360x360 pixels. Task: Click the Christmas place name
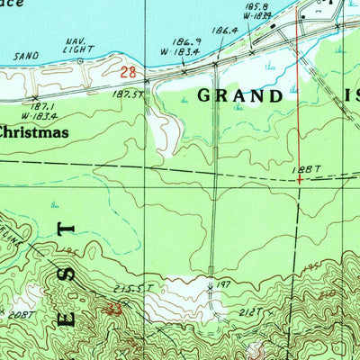pyautogui.click(x=34, y=132)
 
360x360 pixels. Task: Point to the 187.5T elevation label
pyautogui.click(x=130, y=94)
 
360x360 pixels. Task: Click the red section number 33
pyautogui.click(x=114, y=309)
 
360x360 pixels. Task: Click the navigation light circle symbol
pyautogui.click(x=80, y=61)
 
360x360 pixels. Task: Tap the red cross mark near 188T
pyautogui.click(x=299, y=179)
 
